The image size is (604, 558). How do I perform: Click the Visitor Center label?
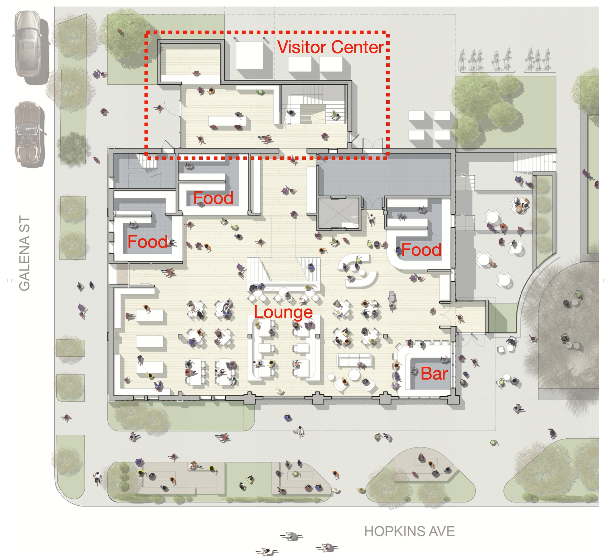[330, 47]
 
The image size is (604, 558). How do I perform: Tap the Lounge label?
[283, 312]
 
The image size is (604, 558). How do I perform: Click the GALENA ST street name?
[24, 253]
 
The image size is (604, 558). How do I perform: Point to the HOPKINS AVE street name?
[409, 531]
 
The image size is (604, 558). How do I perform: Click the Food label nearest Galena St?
[147, 242]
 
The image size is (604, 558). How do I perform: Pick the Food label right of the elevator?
[421, 250]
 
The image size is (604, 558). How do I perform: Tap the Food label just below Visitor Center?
[213, 198]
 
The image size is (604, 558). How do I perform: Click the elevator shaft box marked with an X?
[339, 213]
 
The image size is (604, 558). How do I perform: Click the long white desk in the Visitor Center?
[227, 121]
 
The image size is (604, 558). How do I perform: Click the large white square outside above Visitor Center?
[249, 55]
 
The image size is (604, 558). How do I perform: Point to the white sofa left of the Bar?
[354, 360]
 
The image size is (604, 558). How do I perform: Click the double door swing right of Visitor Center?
[373, 143]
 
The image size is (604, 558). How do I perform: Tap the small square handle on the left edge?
[9, 280]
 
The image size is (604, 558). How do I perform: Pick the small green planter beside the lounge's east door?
[502, 318]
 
